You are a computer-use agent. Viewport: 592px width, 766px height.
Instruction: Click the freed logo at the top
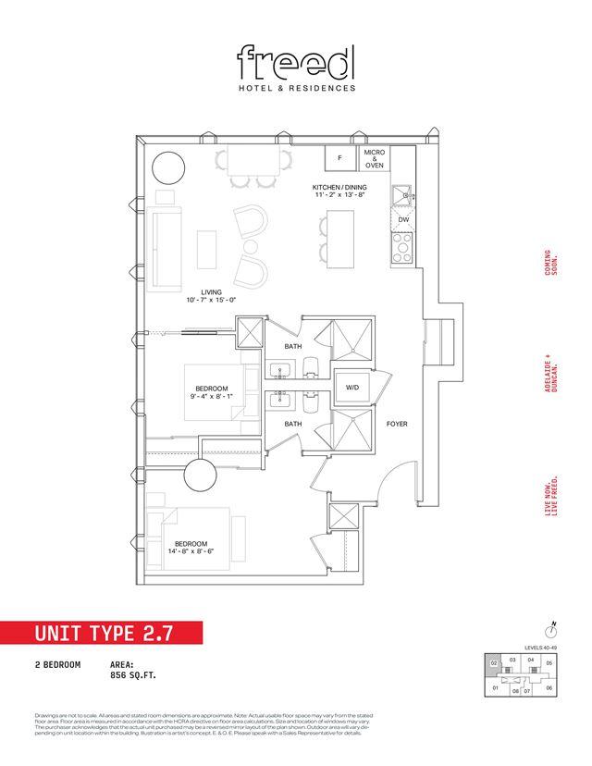click(296, 63)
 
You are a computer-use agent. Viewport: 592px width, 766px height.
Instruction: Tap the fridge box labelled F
click(340, 158)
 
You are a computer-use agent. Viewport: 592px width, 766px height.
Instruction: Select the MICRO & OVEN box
click(375, 158)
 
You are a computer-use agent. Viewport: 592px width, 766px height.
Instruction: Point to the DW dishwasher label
click(403, 219)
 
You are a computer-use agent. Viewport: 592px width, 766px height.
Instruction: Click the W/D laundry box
click(353, 387)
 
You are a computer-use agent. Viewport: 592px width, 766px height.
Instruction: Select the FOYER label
click(397, 425)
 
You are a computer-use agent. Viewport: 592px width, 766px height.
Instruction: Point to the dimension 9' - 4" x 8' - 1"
click(215, 396)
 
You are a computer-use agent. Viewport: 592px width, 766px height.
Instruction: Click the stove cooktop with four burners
click(403, 247)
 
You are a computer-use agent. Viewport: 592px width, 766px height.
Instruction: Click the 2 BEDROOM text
click(56, 665)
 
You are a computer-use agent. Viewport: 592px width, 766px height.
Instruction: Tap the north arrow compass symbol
click(551, 626)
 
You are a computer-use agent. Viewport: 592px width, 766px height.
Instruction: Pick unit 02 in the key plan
click(495, 662)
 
